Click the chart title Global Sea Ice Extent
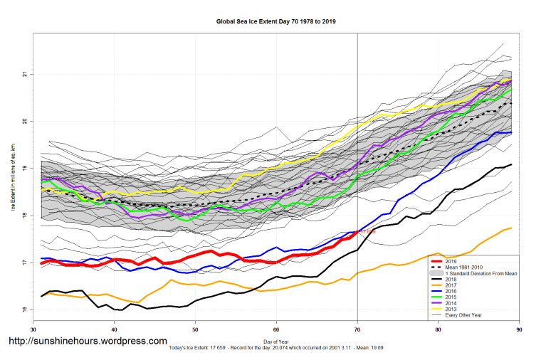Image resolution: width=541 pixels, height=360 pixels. click(x=275, y=21)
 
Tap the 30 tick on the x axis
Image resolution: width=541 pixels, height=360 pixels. click(x=33, y=329)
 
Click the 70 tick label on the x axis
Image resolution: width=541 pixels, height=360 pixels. click(x=357, y=329)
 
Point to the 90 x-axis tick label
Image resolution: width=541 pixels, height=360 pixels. click(x=519, y=329)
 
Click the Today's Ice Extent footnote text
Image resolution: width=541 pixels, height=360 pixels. click(x=275, y=349)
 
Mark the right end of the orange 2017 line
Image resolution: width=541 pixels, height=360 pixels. click(x=512, y=228)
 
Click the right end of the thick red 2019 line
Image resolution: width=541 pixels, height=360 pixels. click(x=357, y=231)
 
